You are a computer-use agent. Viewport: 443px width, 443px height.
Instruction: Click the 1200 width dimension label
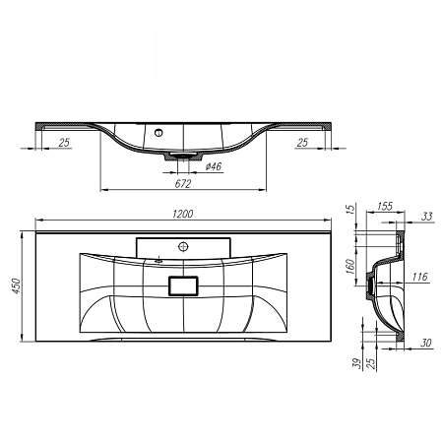[x=182, y=215]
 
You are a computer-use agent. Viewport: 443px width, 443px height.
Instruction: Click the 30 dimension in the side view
[x=425, y=344]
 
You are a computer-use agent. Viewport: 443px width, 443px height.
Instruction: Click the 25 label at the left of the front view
[x=64, y=143]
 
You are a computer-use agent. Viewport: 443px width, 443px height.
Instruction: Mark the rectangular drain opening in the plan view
[x=184, y=285]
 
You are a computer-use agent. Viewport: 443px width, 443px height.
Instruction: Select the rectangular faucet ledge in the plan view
[x=183, y=246]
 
